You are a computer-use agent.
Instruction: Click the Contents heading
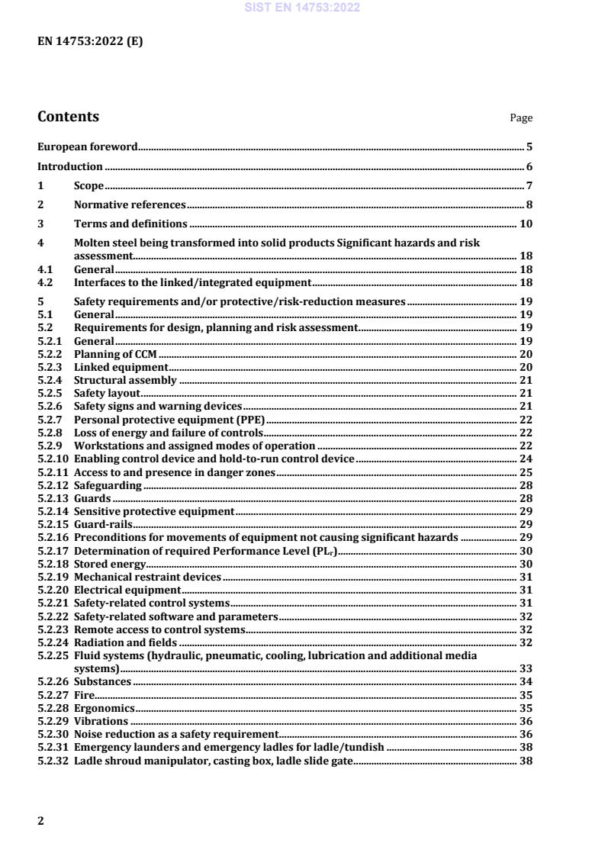coord(68,117)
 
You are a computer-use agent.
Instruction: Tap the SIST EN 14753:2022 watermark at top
coord(302,8)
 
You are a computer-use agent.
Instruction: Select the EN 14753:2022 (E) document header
coord(90,42)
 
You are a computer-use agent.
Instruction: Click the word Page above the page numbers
coord(521,118)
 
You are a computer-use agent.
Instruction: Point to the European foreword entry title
coord(88,146)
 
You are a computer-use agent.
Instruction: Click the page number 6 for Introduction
coord(529,166)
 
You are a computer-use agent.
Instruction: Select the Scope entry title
coord(88,186)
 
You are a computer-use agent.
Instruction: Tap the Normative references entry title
coord(130,204)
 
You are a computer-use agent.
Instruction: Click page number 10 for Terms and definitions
coord(526,224)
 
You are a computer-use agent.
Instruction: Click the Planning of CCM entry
coord(115,355)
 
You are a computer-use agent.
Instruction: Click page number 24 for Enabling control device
coord(526,459)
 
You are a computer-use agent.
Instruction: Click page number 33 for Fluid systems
coord(526,668)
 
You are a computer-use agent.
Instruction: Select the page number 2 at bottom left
coord(41,821)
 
